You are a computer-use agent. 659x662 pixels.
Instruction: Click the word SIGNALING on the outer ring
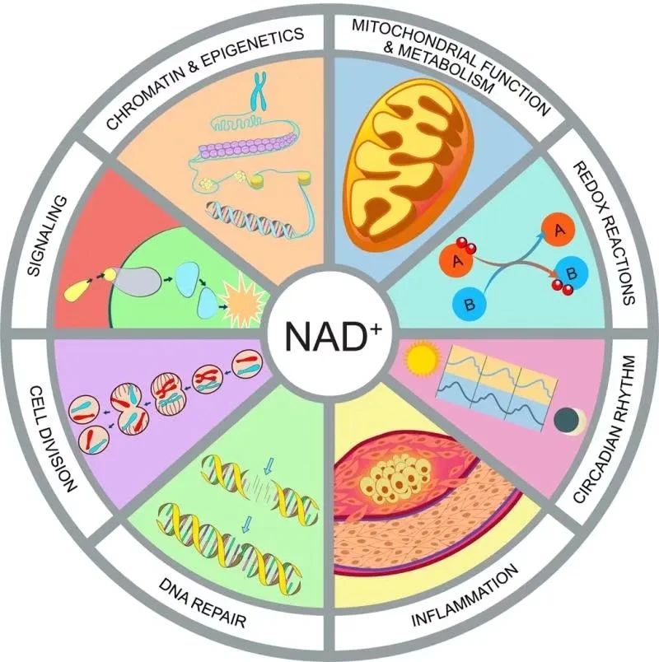click(x=47, y=235)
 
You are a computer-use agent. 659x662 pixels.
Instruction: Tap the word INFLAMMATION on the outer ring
click(x=465, y=594)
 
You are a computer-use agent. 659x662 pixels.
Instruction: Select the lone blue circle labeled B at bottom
click(x=469, y=304)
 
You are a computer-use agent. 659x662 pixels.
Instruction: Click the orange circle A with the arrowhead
click(x=559, y=229)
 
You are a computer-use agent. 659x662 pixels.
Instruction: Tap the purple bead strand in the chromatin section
click(x=244, y=147)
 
